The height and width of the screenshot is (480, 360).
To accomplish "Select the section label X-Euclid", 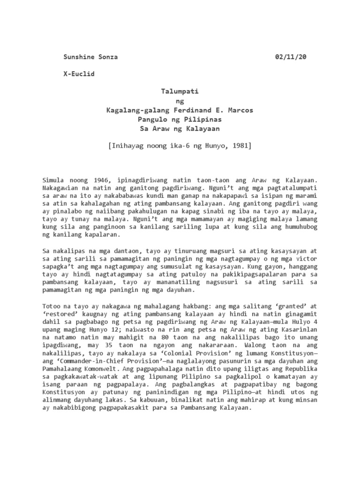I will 79,75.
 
